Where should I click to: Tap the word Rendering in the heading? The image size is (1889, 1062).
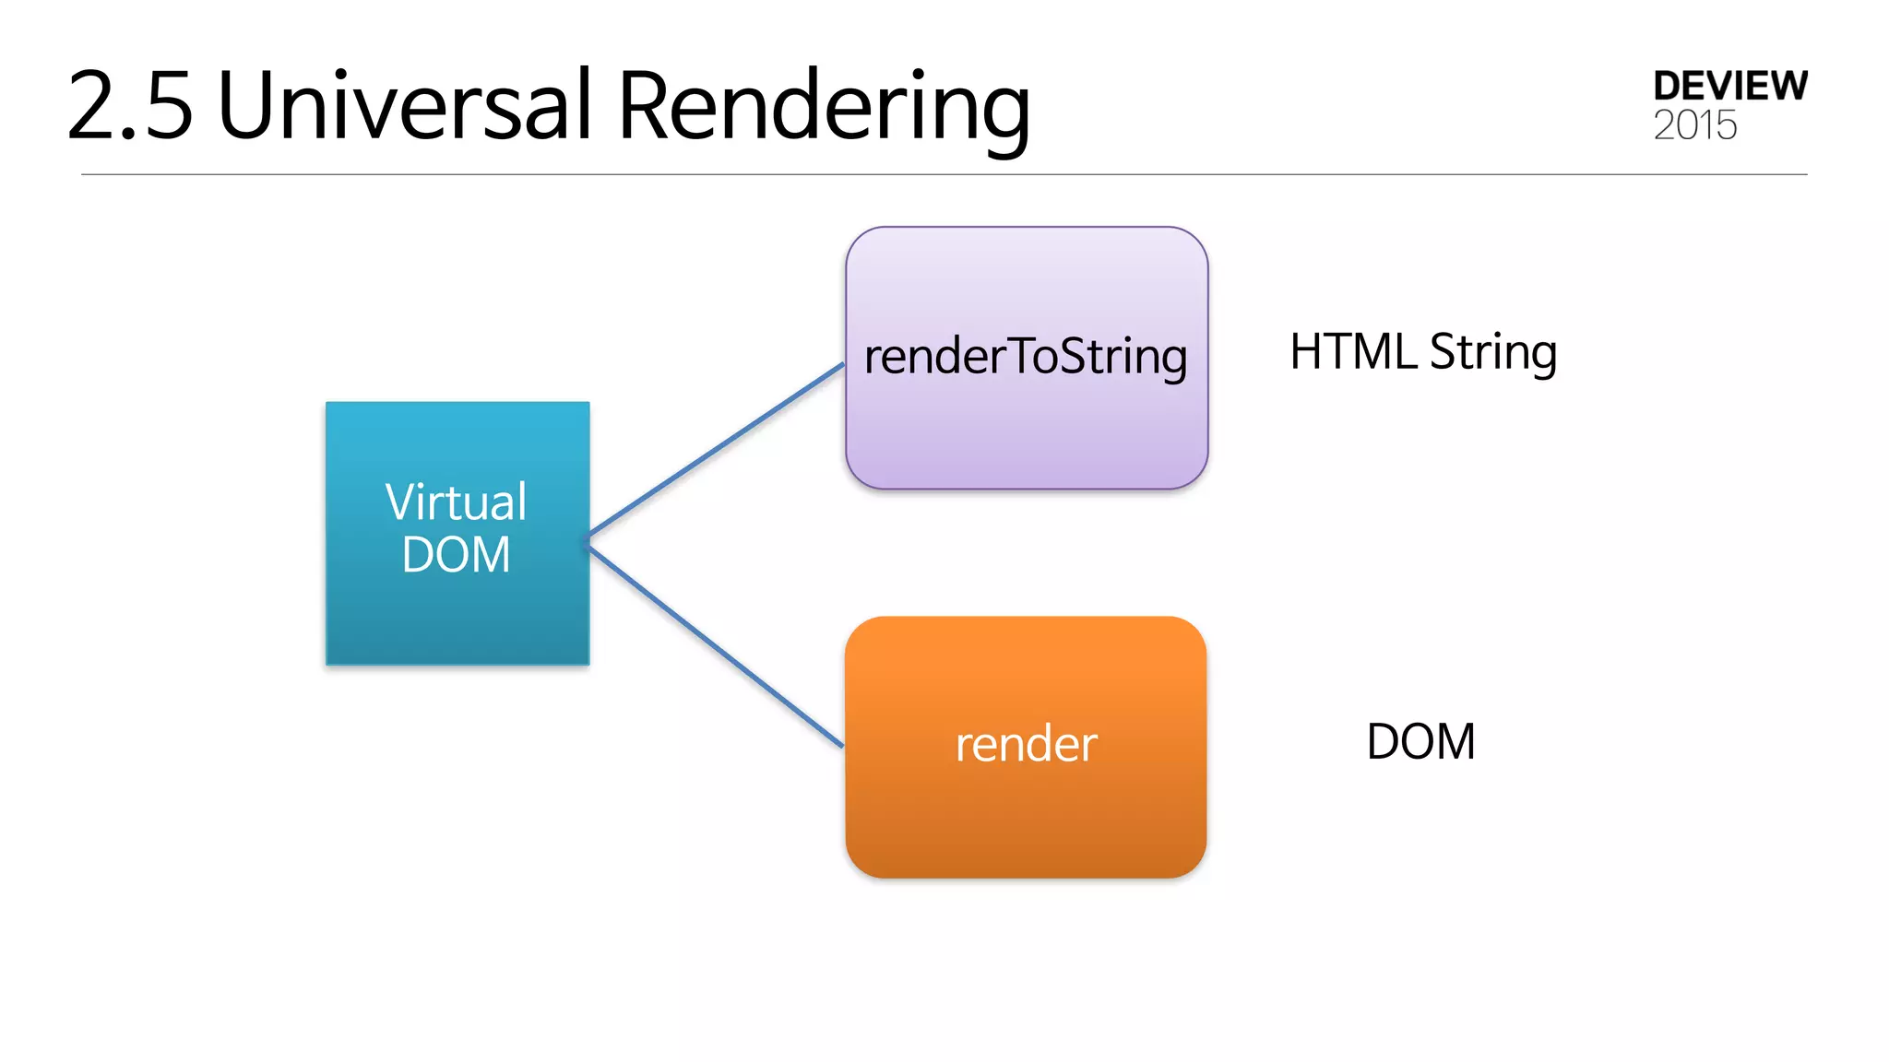(823, 109)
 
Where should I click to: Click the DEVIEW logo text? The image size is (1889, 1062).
(1729, 86)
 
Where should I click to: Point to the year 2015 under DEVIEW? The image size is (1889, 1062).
(1694, 125)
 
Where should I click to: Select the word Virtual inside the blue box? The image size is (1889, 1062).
(456, 502)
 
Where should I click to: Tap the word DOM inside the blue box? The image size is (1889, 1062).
(456, 555)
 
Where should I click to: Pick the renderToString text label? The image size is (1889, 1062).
(1026, 357)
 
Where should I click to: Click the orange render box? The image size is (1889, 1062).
(1026, 820)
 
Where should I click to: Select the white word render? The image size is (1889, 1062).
(1026, 744)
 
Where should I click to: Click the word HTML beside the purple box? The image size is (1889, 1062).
(1352, 352)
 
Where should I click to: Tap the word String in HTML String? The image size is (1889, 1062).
(1492, 353)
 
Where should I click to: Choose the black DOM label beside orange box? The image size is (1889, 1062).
(1420, 742)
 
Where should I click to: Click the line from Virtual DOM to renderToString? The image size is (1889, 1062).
(717, 450)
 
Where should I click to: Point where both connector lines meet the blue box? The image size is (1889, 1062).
(588, 541)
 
